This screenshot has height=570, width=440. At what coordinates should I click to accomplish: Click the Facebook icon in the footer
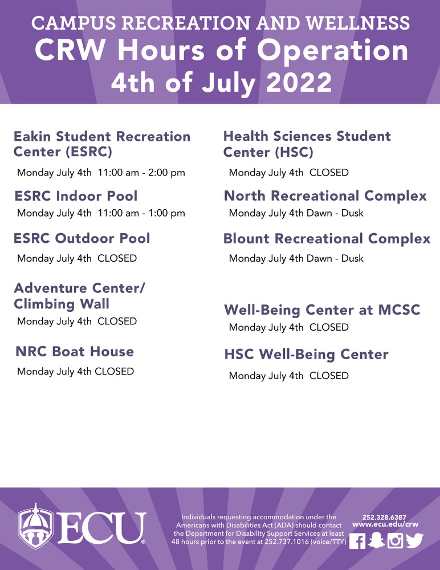click(x=357, y=540)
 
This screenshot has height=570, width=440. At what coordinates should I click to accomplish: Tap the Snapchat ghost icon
click(x=376, y=540)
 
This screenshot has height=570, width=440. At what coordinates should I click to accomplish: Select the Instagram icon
click(x=395, y=540)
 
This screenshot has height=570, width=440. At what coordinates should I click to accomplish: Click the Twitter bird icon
click(x=414, y=540)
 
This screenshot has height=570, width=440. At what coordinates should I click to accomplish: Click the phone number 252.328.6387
click(x=384, y=517)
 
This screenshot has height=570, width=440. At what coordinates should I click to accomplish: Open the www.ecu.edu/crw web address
click(x=385, y=524)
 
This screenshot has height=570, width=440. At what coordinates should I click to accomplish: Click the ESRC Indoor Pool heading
click(x=76, y=197)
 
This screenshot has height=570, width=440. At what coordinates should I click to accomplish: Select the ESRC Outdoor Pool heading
click(x=82, y=238)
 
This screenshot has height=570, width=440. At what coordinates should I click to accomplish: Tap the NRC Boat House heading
click(x=75, y=352)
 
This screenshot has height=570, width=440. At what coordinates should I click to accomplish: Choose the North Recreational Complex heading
click(x=325, y=196)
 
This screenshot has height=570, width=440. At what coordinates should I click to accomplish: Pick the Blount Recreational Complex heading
click(x=327, y=238)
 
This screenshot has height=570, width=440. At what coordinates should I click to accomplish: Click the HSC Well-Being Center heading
click(x=306, y=355)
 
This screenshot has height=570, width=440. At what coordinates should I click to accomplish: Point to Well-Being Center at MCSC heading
click(x=322, y=310)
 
